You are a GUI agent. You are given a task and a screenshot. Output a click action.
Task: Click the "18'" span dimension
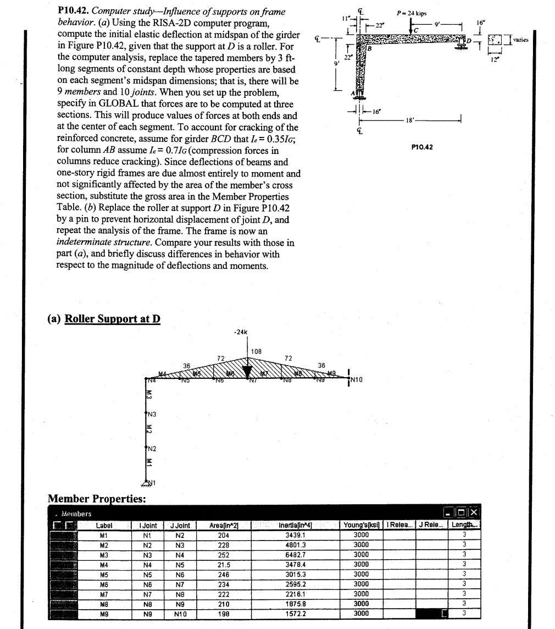pyautogui.click(x=409, y=119)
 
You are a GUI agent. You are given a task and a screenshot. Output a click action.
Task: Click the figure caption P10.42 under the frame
pyautogui.click(x=420, y=147)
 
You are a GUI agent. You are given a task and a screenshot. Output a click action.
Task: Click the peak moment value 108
pyautogui.click(x=256, y=351)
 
